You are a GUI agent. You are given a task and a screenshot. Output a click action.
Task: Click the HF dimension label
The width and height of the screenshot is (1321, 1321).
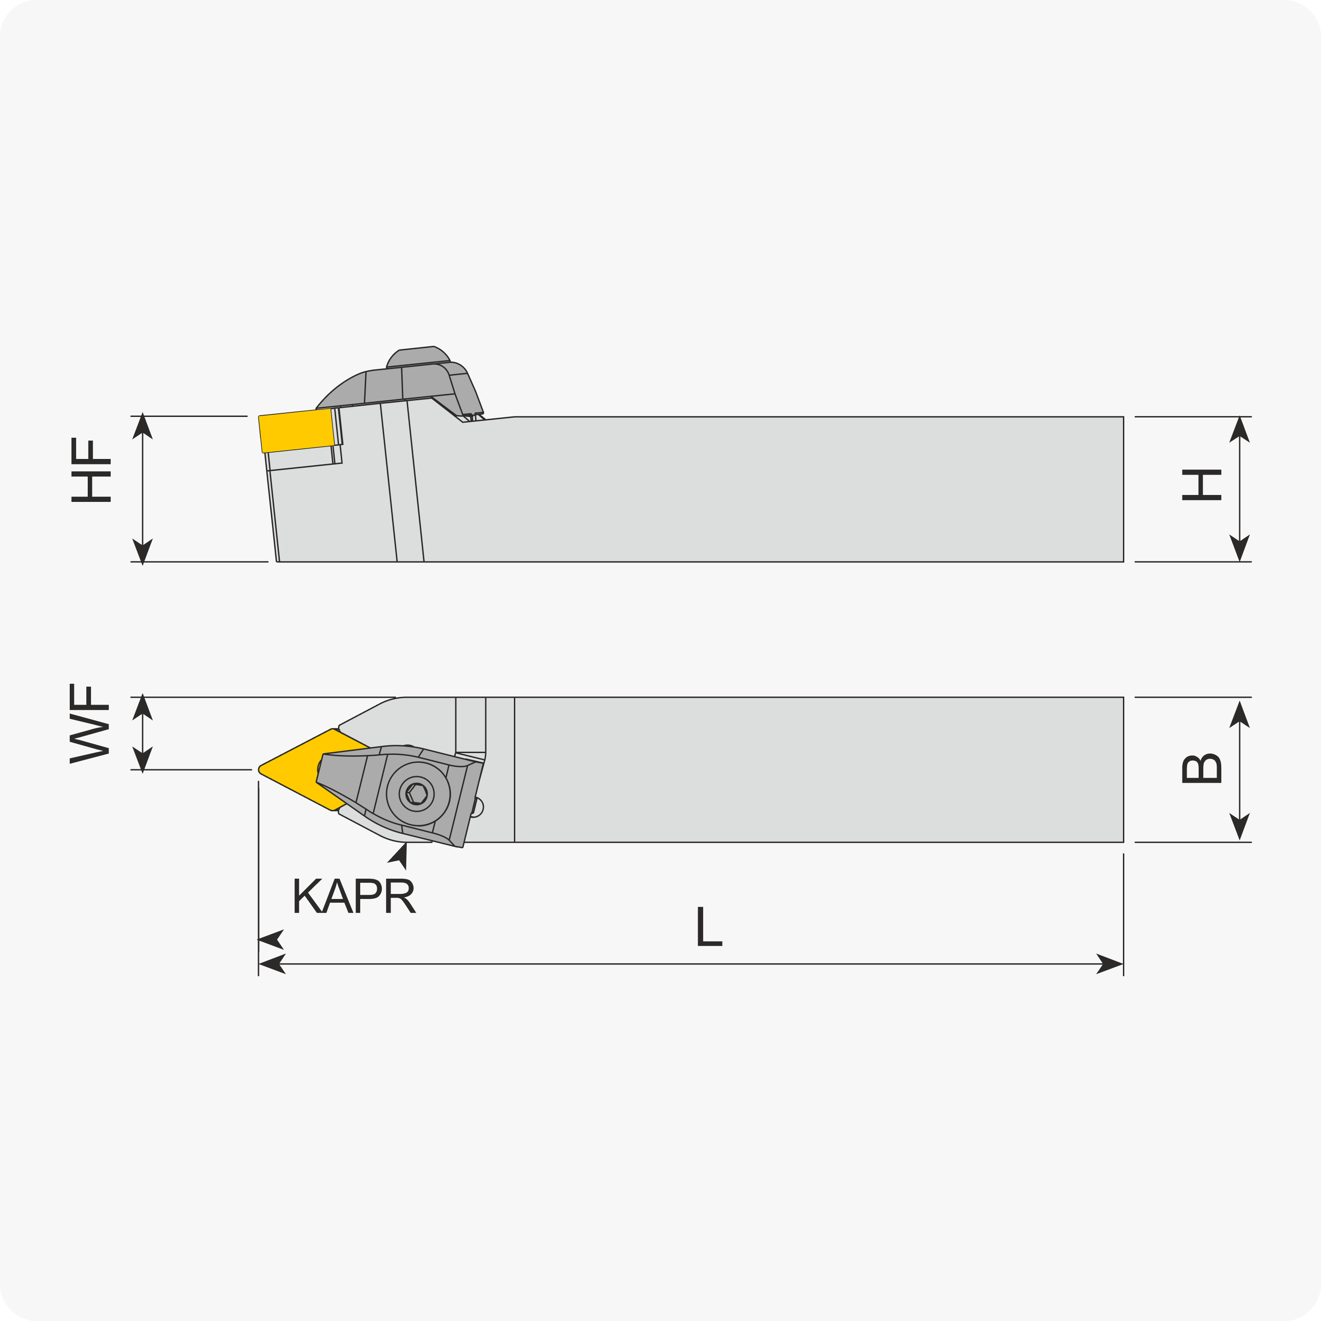pyautogui.click(x=91, y=471)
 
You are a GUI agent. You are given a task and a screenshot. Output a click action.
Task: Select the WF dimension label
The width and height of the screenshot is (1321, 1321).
pyautogui.click(x=90, y=724)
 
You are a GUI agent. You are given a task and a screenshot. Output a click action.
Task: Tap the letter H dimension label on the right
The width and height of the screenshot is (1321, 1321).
pyautogui.click(x=1201, y=485)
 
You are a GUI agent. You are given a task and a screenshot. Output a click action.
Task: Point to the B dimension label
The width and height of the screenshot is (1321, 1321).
pyautogui.click(x=1201, y=768)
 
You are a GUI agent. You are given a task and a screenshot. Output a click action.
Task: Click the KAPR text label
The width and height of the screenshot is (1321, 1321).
pyautogui.click(x=354, y=896)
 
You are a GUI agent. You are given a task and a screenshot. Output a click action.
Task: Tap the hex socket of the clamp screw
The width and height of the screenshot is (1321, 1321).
pyautogui.click(x=417, y=794)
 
